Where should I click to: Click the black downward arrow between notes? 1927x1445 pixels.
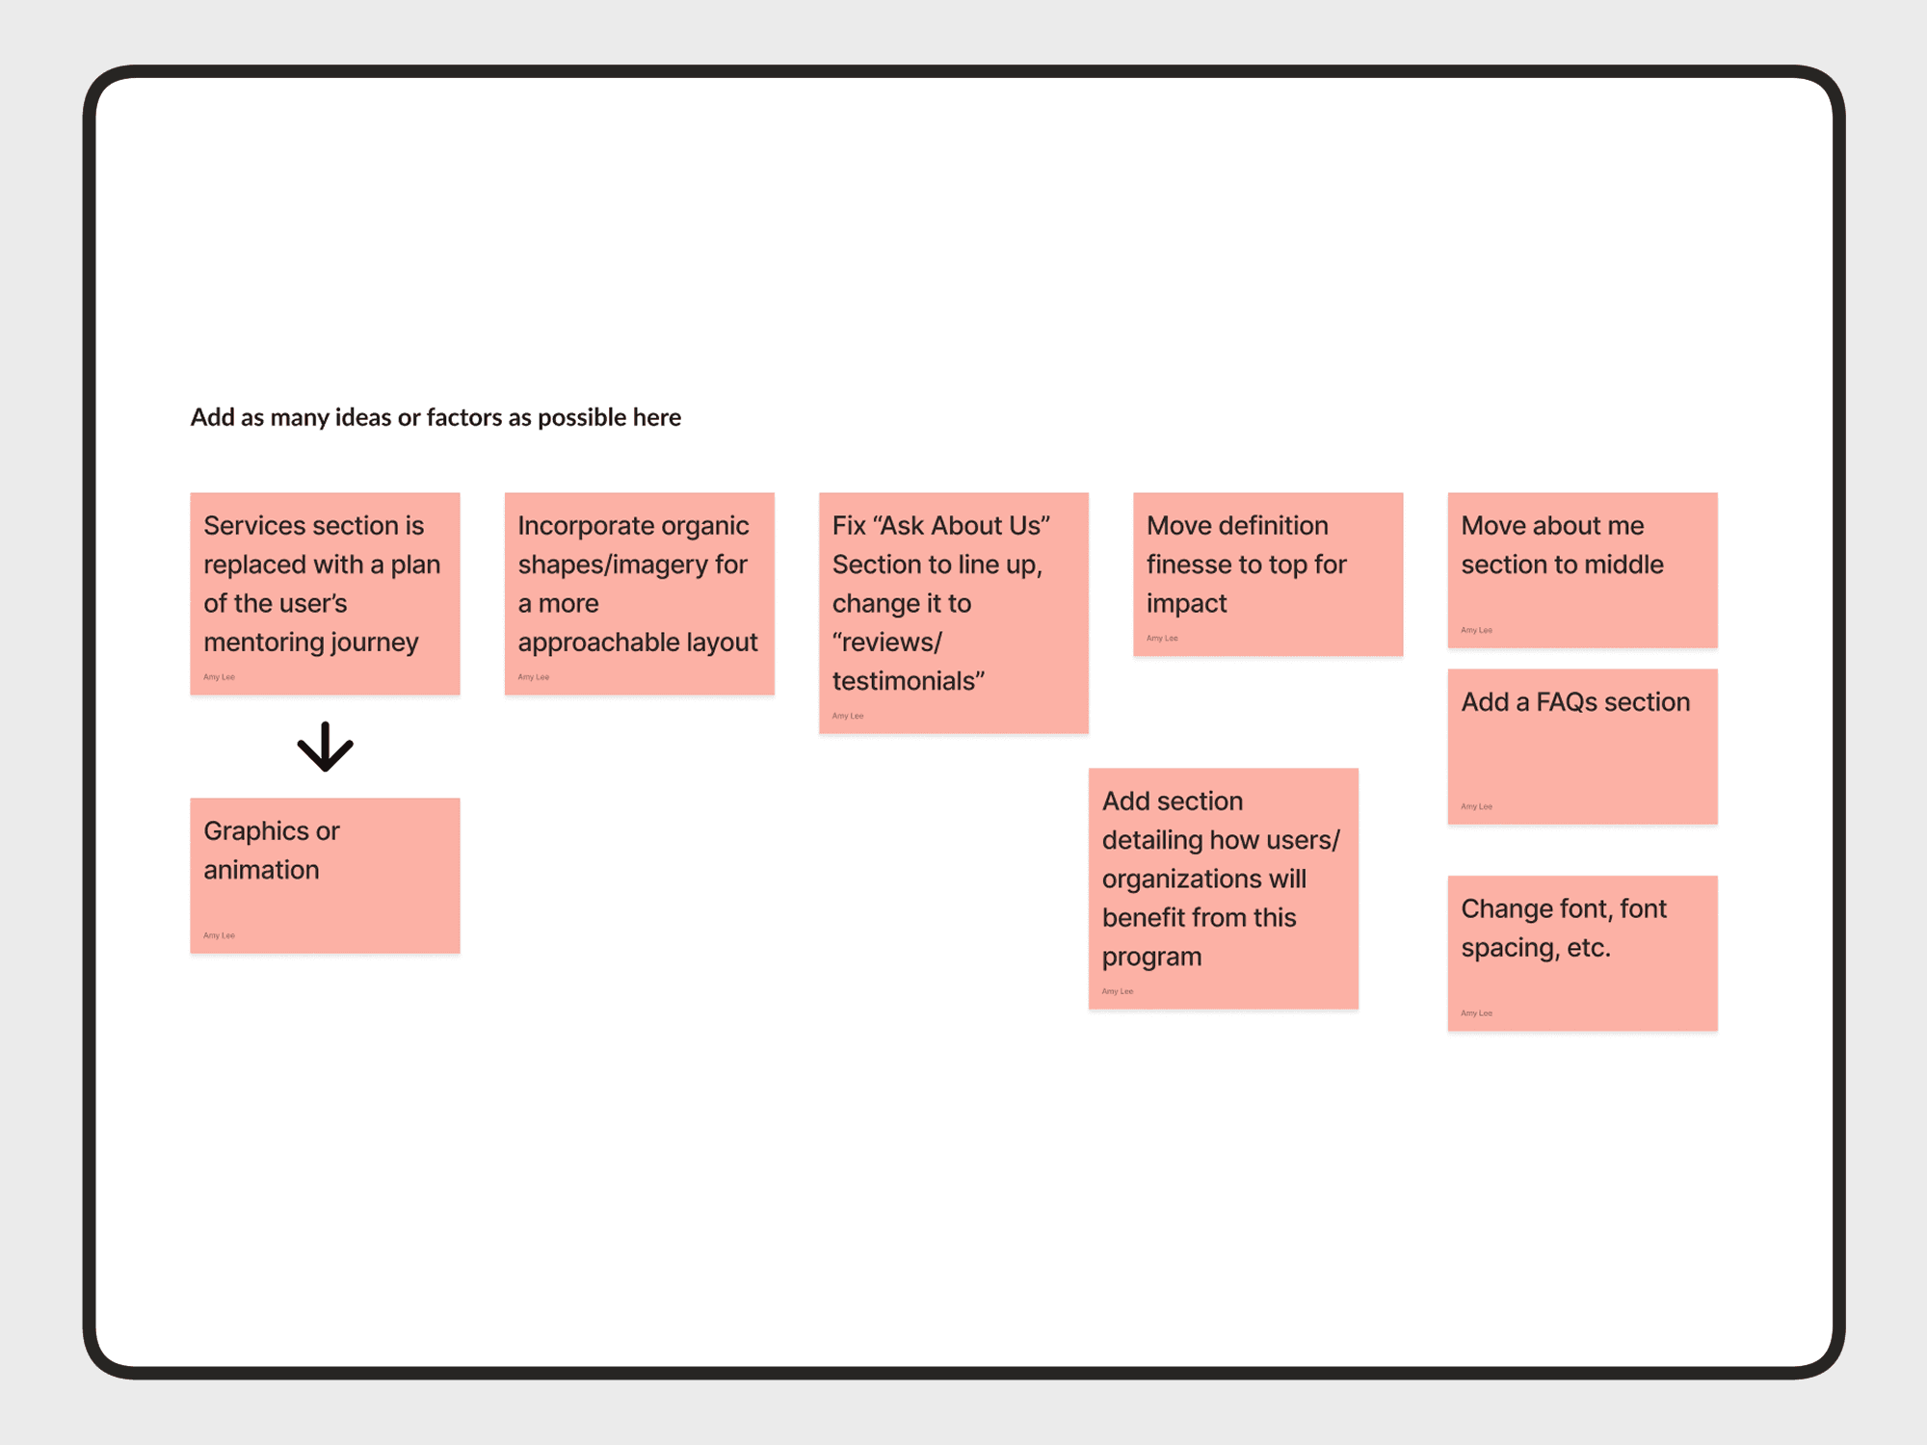325,747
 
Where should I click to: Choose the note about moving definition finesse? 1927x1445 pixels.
1267,574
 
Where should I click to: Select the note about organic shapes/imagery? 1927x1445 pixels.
639,593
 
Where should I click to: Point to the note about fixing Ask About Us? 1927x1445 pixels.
953,613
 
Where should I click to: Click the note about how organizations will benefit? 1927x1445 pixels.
1223,888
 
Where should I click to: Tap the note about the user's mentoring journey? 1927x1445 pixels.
325,593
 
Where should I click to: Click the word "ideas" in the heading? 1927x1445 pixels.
362,417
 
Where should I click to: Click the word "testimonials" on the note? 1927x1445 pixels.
908,681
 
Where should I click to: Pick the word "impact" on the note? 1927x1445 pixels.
1186,604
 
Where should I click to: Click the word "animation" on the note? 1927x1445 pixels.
261,870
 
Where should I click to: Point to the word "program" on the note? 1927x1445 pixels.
1151,957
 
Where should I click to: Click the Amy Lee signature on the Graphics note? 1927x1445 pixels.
219,935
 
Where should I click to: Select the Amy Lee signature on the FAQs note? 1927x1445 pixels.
1476,806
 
